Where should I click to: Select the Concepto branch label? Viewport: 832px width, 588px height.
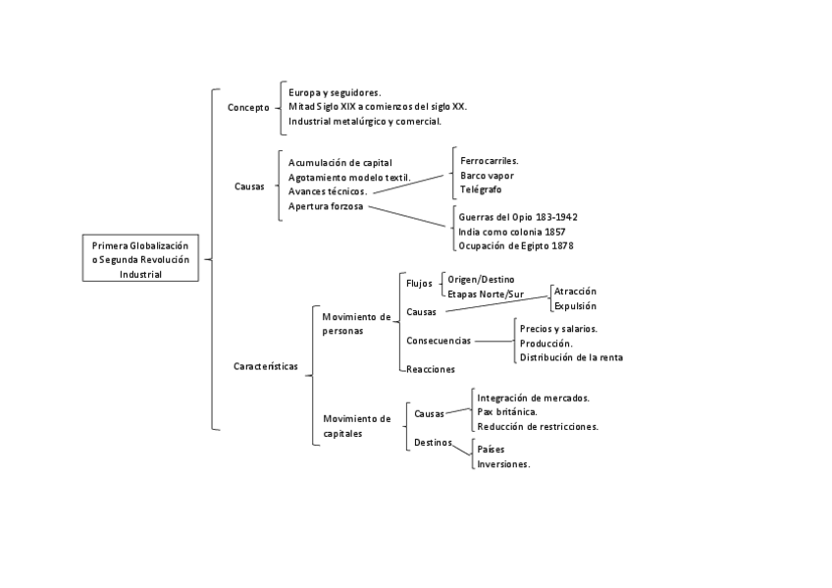247,107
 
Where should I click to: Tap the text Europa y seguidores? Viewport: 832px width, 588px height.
335,91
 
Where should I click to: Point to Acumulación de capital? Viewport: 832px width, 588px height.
339,162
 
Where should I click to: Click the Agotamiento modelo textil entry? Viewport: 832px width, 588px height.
349,177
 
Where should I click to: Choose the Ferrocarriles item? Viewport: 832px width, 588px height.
489,160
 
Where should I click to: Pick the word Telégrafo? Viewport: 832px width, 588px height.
481,188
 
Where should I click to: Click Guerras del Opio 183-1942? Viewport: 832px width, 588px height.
518,216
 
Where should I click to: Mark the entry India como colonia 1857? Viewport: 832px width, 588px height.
511,231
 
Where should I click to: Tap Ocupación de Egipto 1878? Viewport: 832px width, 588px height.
515,245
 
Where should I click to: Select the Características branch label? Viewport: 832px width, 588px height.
266,366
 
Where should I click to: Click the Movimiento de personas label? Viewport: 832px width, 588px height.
355,323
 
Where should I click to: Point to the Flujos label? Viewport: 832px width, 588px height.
419,284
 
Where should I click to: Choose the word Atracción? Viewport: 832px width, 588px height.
575,292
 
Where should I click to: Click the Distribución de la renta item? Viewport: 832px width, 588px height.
571,357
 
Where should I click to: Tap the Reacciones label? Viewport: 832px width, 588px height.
431,369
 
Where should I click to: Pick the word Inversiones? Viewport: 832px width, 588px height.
503,464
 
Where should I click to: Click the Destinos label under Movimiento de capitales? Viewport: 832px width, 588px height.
434,443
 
